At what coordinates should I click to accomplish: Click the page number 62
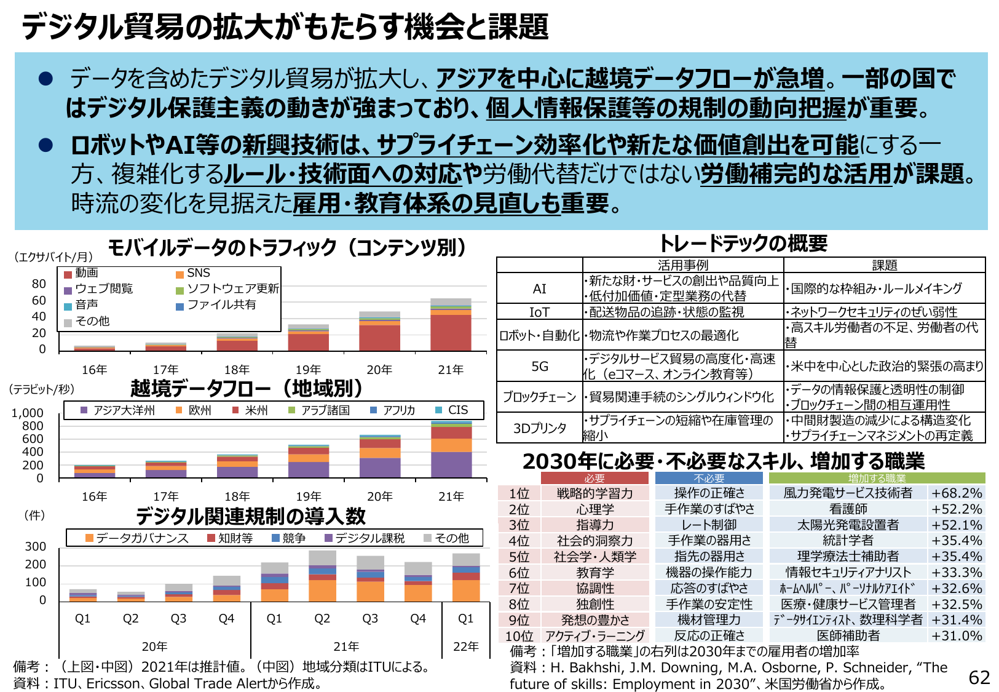[x=979, y=677]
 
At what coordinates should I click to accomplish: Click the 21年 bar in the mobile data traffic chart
[x=451, y=325]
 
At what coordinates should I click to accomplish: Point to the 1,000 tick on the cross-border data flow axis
[x=28, y=413]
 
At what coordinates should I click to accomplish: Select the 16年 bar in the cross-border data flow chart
[x=95, y=471]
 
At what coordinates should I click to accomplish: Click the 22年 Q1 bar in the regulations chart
[x=466, y=577]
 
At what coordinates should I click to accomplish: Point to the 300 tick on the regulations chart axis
[x=35, y=546]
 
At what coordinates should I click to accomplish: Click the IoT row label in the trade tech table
[x=539, y=312]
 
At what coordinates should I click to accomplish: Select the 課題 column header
[x=884, y=265]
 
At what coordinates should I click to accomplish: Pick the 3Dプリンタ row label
[x=539, y=428]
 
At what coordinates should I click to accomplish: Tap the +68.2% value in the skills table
[x=956, y=493]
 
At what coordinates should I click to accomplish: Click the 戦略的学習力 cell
[x=594, y=493]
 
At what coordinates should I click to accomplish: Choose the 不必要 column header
[x=708, y=479]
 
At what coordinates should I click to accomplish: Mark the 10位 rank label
[x=519, y=636]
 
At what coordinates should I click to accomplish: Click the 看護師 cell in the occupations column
[x=848, y=509]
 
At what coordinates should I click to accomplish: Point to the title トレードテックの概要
[x=743, y=244]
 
